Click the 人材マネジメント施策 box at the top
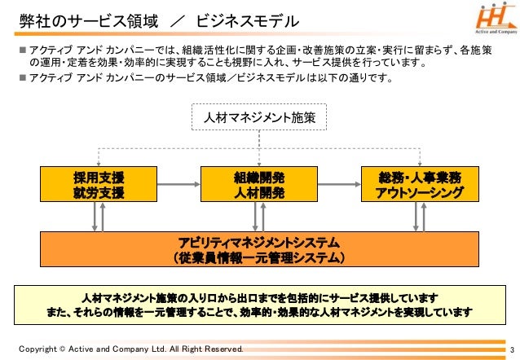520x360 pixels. pyautogui.click(x=259, y=119)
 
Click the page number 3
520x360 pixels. pyautogui.click(x=508, y=349)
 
